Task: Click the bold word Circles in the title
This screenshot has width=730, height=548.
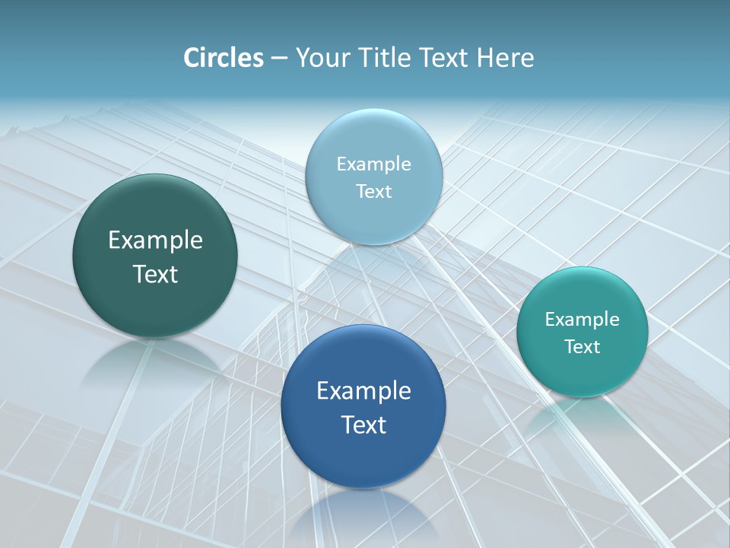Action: (x=223, y=58)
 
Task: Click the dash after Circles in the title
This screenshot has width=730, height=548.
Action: (x=279, y=59)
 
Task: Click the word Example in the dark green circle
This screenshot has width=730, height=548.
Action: (x=155, y=241)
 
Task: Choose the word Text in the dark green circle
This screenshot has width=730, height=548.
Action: (x=155, y=274)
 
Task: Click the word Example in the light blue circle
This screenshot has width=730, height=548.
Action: (x=373, y=164)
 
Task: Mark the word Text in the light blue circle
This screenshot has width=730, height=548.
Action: (x=373, y=192)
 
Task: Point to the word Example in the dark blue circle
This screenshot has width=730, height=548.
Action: (x=363, y=391)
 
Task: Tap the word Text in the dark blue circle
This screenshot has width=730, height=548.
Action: (x=363, y=425)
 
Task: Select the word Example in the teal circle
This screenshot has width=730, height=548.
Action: (x=582, y=320)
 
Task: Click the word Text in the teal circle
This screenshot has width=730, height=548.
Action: (x=582, y=347)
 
